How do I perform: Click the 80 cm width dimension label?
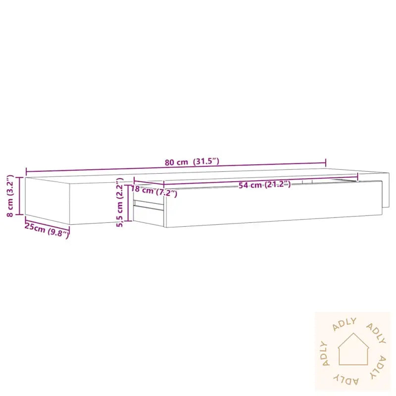click(177, 162)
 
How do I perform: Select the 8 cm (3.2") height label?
click(9, 196)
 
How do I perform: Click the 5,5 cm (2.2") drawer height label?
click(119, 202)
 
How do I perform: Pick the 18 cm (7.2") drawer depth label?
click(153, 191)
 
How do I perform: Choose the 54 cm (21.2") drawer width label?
click(264, 185)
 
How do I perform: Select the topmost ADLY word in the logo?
click(345, 324)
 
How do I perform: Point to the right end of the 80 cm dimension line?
click(326, 163)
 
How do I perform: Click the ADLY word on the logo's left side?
click(324, 353)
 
